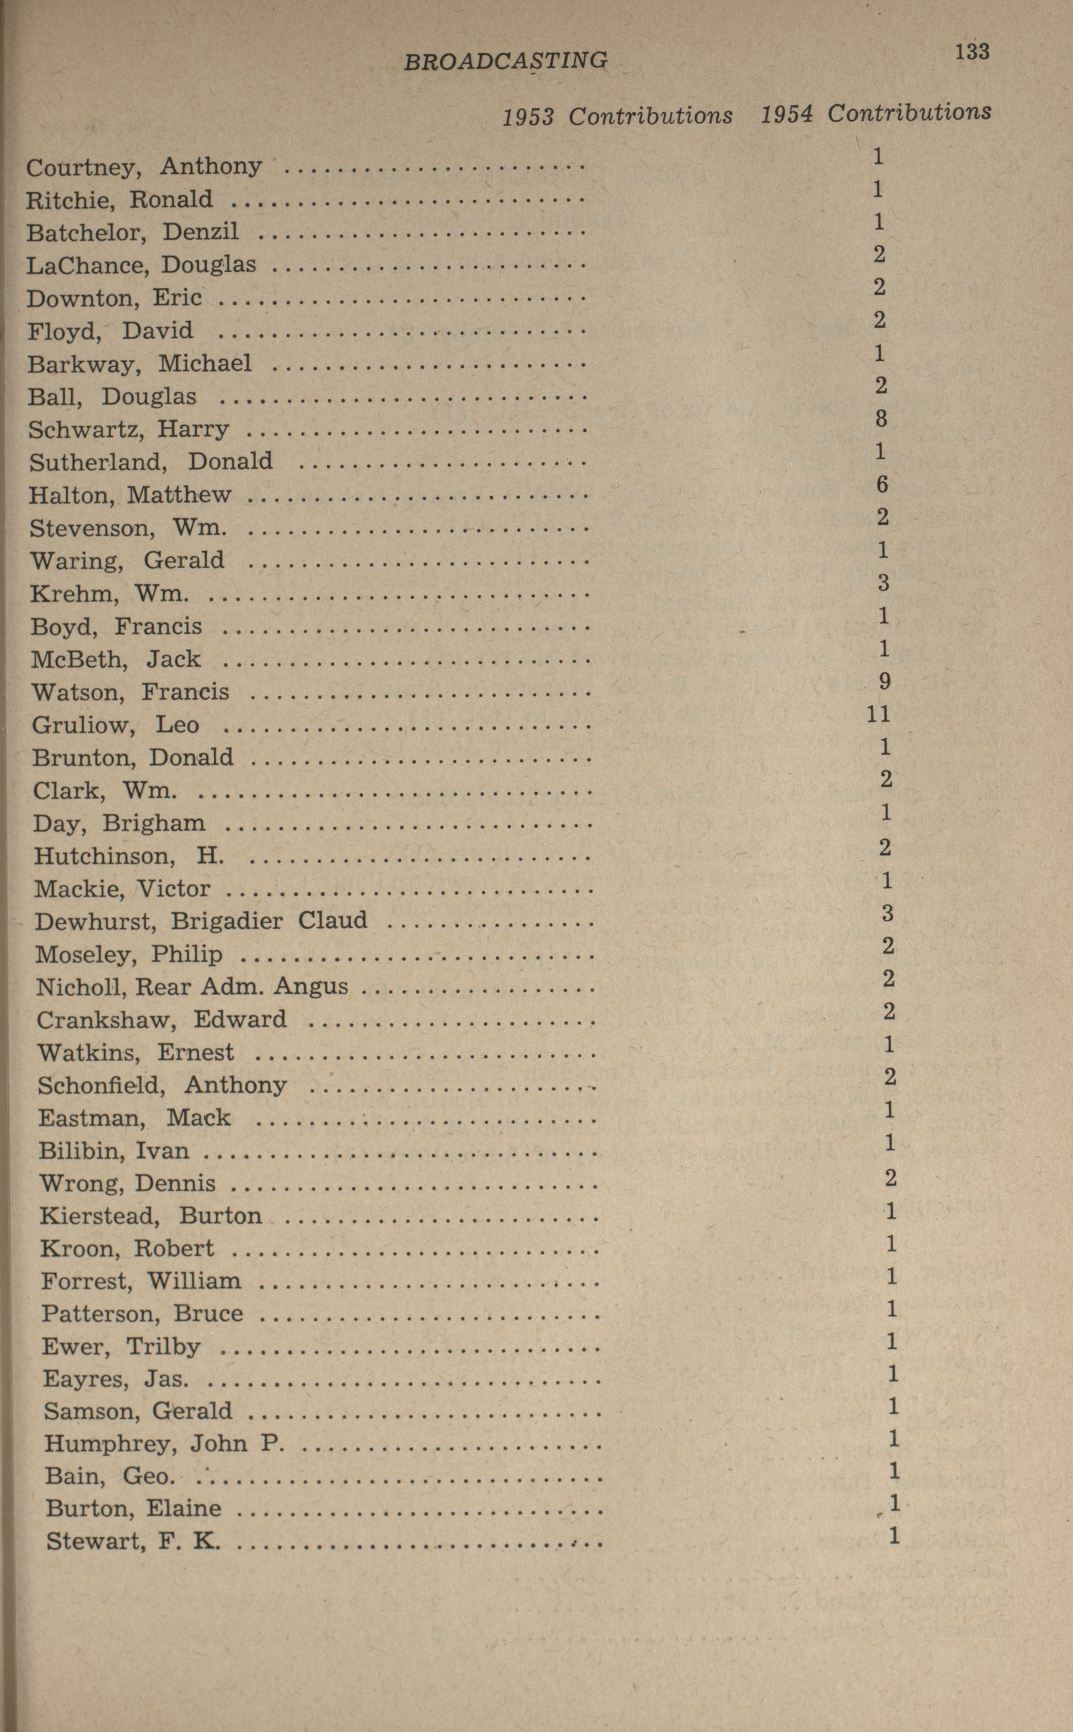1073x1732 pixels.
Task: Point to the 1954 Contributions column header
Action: point(876,113)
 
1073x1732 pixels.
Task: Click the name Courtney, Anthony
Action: point(144,167)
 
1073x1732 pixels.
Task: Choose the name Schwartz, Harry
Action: point(128,429)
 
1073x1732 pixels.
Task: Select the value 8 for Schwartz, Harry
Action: point(881,418)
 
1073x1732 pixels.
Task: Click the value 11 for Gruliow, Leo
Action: point(878,714)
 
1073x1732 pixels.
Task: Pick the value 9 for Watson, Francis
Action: point(884,681)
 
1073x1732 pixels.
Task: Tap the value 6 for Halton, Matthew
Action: point(881,484)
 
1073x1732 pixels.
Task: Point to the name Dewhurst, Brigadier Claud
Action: point(201,921)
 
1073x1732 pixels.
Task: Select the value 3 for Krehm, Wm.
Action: point(883,583)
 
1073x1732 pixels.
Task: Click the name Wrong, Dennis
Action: point(127,1183)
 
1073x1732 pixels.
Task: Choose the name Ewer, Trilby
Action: point(121,1347)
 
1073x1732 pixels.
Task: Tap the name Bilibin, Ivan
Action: point(114,1151)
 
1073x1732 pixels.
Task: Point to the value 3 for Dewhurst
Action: point(888,913)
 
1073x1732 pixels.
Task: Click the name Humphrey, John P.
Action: point(164,1444)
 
